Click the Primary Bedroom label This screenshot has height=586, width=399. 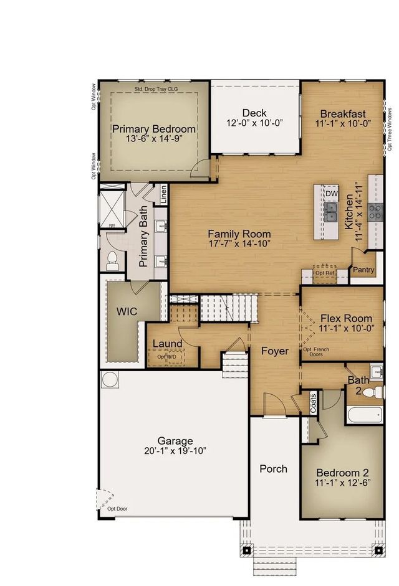(x=154, y=129)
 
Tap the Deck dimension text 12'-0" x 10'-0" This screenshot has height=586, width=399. (x=254, y=123)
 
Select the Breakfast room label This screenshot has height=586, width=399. (x=342, y=113)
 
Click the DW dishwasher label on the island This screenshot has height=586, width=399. (x=331, y=194)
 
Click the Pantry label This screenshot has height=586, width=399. (x=363, y=270)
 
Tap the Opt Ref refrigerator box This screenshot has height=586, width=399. (x=324, y=273)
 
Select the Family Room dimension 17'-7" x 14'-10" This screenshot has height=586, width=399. (x=239, y=243)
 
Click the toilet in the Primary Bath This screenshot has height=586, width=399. (x=112, y=261)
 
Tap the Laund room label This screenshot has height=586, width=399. (x=168, y=343)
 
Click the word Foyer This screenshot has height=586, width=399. (x=275, y=351)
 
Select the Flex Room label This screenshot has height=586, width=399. (x=342, y=317)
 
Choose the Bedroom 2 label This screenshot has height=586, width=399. (x=341, y=471)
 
